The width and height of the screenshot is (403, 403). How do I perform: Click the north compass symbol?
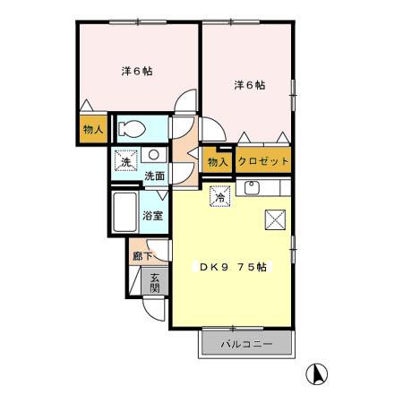[317, 373]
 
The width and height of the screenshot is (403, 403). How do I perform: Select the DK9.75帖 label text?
[235, 266]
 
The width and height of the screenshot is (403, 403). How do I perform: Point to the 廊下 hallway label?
[138, 255]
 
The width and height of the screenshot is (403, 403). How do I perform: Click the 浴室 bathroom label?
[153, 216]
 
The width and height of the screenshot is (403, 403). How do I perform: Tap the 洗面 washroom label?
[154, 176]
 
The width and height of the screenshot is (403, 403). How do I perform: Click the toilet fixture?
[132, 127]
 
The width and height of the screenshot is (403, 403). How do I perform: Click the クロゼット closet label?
[263, 161]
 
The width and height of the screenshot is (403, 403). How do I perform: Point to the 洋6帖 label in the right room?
[250, 85]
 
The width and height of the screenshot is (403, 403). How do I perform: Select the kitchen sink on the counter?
[252, 187]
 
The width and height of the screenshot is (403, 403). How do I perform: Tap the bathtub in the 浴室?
[123, 214]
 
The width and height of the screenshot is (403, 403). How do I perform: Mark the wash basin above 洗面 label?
[150, 155]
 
